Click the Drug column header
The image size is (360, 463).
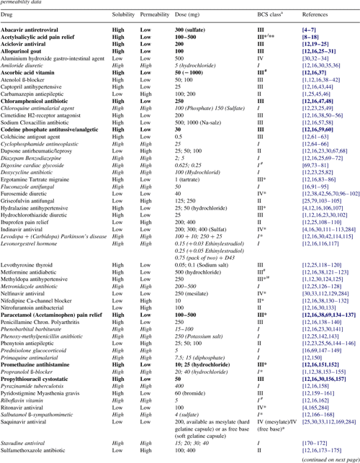click(x=9, y=14)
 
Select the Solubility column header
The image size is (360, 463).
click(x=125, y=14)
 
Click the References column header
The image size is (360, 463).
click(x=320, y=14)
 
